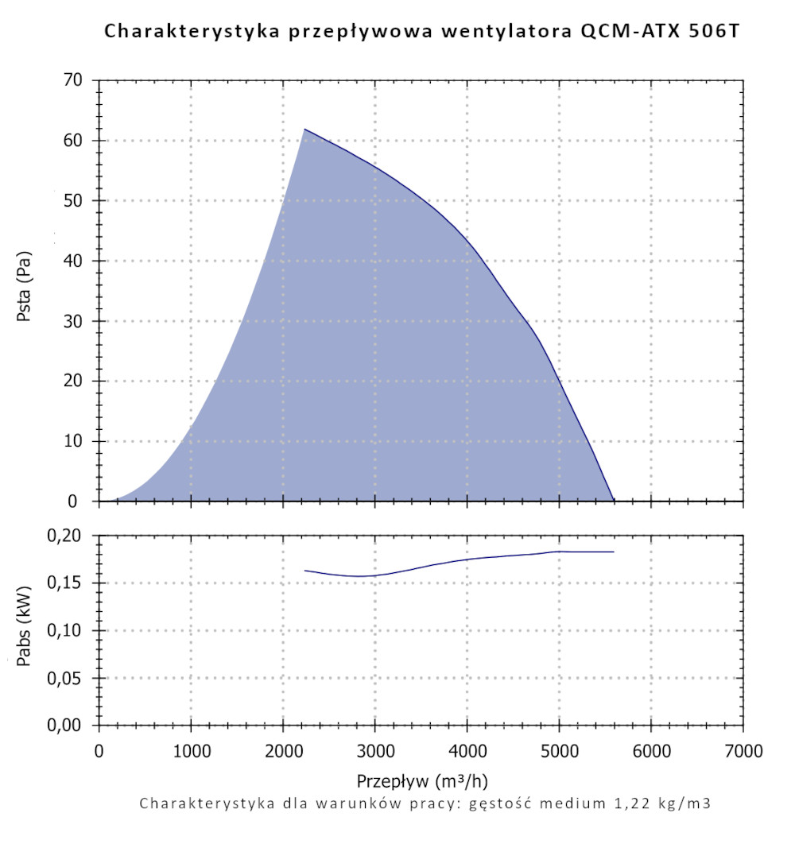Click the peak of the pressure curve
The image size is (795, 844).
tap(304, 129)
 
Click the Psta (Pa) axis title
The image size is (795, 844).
tap(24, 291)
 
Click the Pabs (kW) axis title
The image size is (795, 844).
tap(24, 631)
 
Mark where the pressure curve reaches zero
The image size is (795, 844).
tap(614, 501)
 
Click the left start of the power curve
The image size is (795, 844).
tap(305, 571)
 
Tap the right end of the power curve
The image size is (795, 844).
tap(614, 552)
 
